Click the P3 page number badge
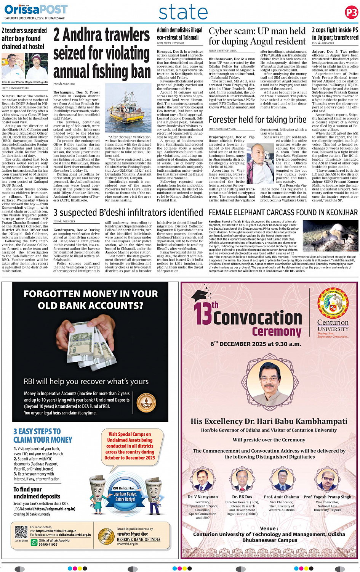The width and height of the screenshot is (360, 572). pos(351,13)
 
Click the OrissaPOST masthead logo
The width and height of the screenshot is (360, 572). pos(36,9)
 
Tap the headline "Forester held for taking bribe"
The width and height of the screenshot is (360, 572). pos(257,120)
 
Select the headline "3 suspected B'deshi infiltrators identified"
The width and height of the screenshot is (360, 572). pos(128,213)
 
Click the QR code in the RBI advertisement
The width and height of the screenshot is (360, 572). pos(21,532)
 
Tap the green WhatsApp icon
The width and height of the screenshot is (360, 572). pos(34,542)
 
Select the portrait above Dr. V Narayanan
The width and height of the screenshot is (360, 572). pos(203,480)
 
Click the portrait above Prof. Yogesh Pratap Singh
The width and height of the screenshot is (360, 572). pos(327,480)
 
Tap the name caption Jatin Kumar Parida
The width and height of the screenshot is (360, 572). pos(13,82)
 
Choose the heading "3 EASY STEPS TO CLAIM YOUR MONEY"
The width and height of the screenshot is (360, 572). pos(43,435)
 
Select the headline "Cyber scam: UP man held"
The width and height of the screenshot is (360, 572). pos(257,36)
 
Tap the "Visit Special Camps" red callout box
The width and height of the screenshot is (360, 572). pos(130,446)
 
